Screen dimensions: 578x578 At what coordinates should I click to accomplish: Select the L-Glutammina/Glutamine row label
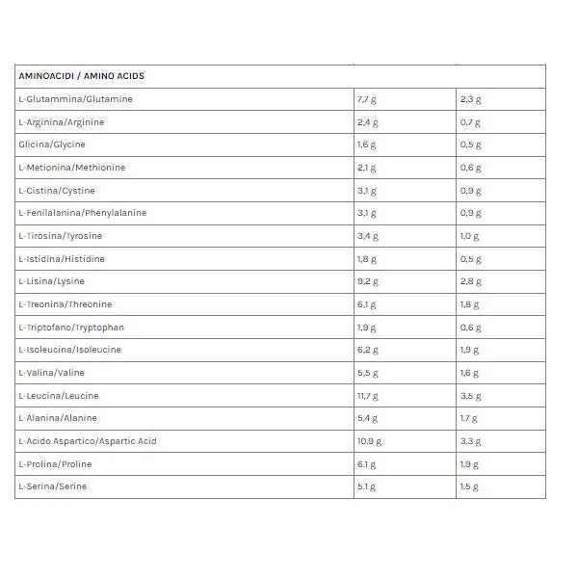(x=75, y=99)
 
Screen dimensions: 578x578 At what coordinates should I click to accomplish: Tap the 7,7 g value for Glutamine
(x=368, y=99)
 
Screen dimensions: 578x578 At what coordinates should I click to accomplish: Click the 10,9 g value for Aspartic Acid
(x=370, y=441)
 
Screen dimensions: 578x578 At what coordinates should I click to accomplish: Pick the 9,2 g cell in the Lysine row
(x=368, y=281)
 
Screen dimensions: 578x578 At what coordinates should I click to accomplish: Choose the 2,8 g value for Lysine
(x=470, y=281)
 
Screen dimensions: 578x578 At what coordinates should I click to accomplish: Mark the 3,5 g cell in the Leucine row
(x=470, y=396)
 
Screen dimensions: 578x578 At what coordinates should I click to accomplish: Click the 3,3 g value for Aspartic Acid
(x=470, y=441)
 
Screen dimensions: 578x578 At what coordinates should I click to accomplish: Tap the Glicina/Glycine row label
(x=52, y=144)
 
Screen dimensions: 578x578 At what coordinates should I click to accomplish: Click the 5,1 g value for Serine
(x=368, y=487)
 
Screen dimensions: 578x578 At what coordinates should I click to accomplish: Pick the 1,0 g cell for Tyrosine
(x=470, y=236)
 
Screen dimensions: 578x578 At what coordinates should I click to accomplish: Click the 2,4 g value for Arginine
(x=368, y=122)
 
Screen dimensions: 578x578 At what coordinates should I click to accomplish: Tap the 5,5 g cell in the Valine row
(x=368, y=373)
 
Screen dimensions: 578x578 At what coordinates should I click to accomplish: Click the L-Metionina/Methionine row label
(x=71, y=168)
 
